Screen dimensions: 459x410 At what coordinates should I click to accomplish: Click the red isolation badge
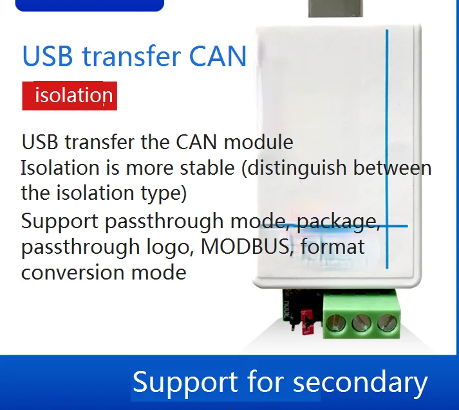click(x=70, y=96)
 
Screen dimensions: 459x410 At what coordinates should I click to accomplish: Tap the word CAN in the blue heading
click(x=218, y=56)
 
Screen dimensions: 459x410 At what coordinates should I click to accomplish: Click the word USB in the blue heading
click(x=48, y=56)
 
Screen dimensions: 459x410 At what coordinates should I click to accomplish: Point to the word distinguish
click(x=297, y=168)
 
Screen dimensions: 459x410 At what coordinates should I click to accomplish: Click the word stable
click(x=207, y=168)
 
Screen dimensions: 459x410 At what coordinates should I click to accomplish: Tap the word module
click(x=259, y=142)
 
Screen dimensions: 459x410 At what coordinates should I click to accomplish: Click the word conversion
click(x=73, y=272)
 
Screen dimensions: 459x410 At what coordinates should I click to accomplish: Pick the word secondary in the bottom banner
click(x=361, y=382)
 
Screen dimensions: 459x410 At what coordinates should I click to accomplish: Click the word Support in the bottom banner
click(x=185, y=382)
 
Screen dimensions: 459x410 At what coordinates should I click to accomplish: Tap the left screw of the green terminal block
click(x=335, y=323)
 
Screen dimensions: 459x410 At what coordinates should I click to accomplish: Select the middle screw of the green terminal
click(x=362, y=323)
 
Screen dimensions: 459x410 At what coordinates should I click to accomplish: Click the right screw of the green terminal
click(x=387, y=323)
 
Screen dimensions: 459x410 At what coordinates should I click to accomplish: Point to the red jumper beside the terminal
click(x=306, y=323)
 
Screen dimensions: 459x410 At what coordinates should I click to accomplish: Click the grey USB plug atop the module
click(x=335, y=8)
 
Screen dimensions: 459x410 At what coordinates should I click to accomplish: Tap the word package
click(x=339, y=222)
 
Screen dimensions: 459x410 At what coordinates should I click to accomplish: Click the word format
click(x=333, y=247)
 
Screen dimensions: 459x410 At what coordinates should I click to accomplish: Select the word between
click(x=393, y=168)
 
